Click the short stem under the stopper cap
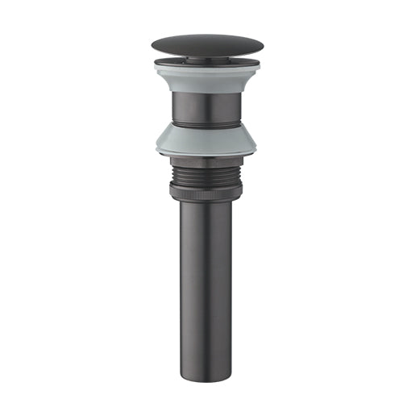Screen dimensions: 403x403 pyautogui.click(x=201, y=57)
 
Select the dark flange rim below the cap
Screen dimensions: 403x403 pyautogui.click(x=201, y=61)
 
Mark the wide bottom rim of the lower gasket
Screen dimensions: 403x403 pyautogui.click(x=201, y=153)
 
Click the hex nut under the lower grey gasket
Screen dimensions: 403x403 pyautogui.click(x=201, y=162)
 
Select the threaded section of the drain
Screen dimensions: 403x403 pyautogui.click(x=201, y=174)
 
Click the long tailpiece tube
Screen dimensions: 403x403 pyautogui.click(x=201, y=274)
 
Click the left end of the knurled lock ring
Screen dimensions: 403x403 pyautogui.click(x=171, y=190)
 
